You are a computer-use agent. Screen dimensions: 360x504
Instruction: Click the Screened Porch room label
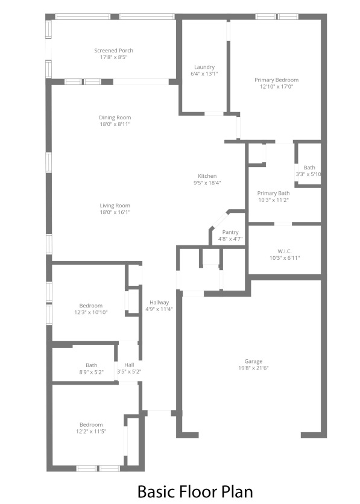(x=113, y=51)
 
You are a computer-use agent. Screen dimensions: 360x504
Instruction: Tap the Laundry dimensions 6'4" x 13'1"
(x=204, y=74)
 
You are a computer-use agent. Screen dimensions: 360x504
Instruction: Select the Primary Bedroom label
(x=276, y=80)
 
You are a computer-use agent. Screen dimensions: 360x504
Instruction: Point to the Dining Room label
(x=115, y=118)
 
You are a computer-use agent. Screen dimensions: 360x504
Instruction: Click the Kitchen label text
(x=207, y=176)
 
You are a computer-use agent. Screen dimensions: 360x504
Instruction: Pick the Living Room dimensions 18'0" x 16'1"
(x=115, y=212)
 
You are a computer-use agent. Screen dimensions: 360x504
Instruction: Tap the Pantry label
(x=230, y=232)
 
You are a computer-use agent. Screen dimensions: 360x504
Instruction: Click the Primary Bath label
(x=273, y=193)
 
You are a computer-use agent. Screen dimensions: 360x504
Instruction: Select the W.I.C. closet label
(x=285, y=251)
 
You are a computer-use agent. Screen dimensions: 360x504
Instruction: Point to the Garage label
(x=253, y=361)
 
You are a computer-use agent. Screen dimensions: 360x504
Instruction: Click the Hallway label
(x=159, y=303)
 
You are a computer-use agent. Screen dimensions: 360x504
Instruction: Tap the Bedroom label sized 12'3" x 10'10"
(x=91, y=306)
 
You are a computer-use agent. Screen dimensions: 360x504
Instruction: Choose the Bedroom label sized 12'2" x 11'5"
(x=91, y=424)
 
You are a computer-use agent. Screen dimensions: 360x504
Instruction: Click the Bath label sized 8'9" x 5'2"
(x=91, y=365)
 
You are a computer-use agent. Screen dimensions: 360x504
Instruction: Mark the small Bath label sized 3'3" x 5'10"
(x=309, y=168)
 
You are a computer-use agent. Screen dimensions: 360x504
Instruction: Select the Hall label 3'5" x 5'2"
(x=129, y=365)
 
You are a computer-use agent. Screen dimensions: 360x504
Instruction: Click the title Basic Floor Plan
(x=195, y=491)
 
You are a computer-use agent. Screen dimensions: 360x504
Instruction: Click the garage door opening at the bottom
(x=250, y=435)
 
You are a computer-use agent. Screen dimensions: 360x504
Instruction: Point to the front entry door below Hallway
(x=159, y=413)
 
